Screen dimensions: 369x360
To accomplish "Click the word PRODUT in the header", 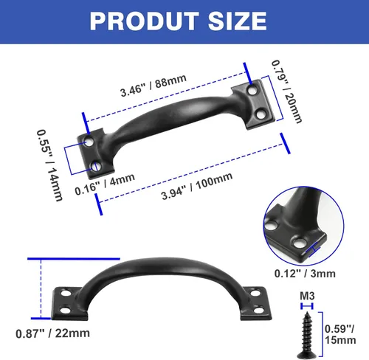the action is (144, 21).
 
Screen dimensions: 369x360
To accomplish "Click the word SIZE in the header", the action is (238, 21).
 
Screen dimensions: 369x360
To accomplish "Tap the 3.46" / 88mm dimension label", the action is (154, 85).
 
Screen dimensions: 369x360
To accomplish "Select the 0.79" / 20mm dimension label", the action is (286, 91).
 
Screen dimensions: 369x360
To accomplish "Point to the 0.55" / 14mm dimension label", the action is (49, 165).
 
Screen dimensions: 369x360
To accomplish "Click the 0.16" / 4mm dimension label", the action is (105, 184).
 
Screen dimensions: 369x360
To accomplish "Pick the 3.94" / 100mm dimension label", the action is (197, 185).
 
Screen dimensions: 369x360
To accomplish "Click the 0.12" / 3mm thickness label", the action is (305, 274).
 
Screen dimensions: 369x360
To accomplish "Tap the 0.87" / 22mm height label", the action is (52, 333).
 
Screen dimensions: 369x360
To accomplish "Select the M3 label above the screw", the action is (307, 296).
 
